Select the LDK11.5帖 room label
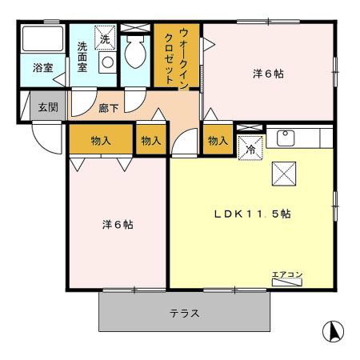tap(250, 214)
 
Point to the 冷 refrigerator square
tap(249, 148)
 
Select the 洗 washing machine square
tap(105, 37)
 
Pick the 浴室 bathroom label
tap(42, 69)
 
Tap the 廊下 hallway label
tap(110, 104)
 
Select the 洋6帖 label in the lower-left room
tap(117, 224)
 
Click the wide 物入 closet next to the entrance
tap(100, 140)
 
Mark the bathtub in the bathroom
tap(42, 40)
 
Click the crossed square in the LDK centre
tap(284, 171)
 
